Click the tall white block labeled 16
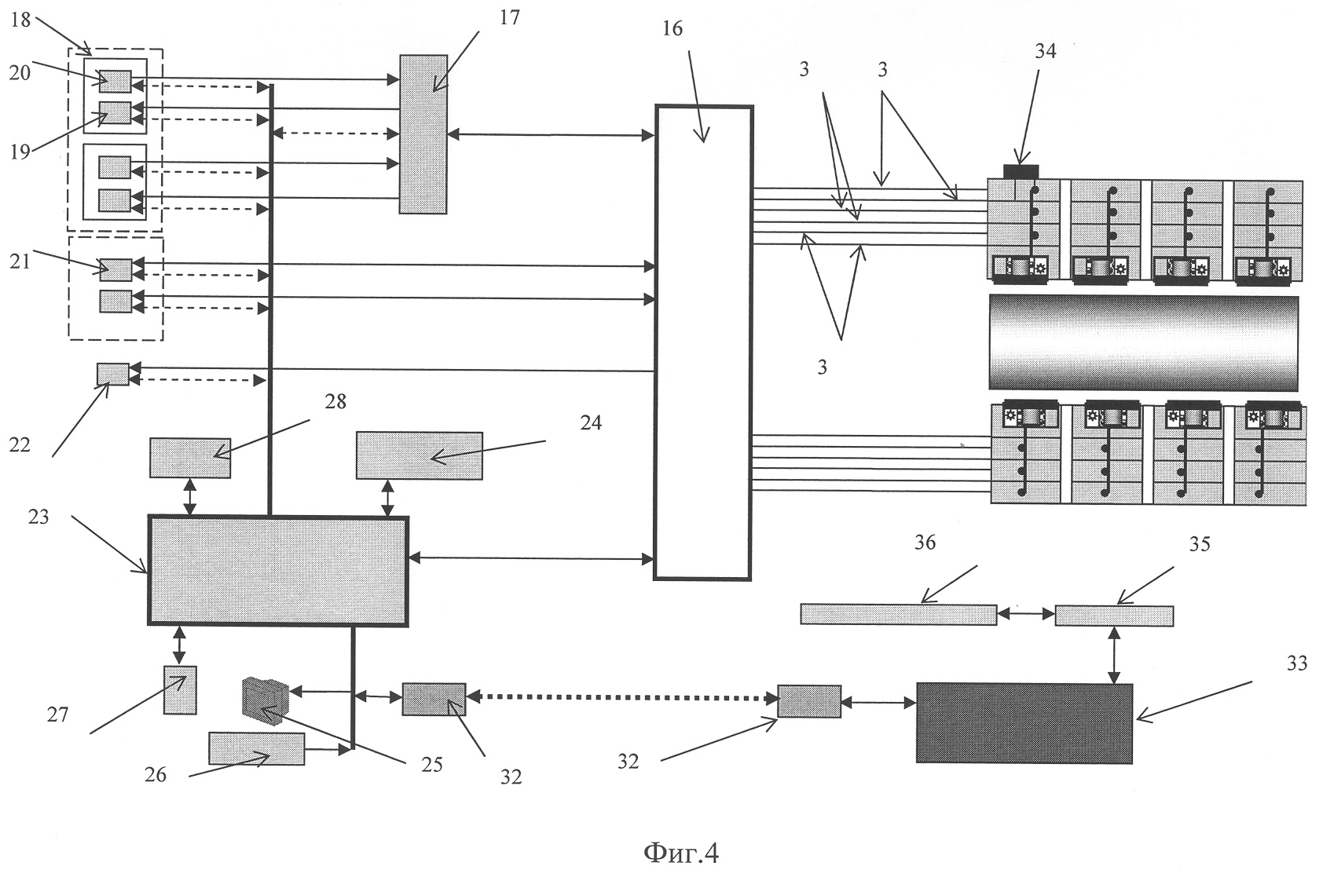703,342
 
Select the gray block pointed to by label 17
423,133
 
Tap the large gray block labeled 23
278,571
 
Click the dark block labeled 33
1024,723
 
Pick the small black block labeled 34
1021,171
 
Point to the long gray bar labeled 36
898,614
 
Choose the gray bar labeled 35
1113,616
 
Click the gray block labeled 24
419,455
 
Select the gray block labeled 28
190,458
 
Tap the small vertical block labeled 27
180,689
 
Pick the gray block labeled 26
256,748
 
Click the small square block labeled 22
112,374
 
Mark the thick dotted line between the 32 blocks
621,697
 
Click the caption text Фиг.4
680,852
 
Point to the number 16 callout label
672,29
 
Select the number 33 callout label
1296,664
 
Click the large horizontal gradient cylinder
1143,342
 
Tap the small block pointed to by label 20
115,81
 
